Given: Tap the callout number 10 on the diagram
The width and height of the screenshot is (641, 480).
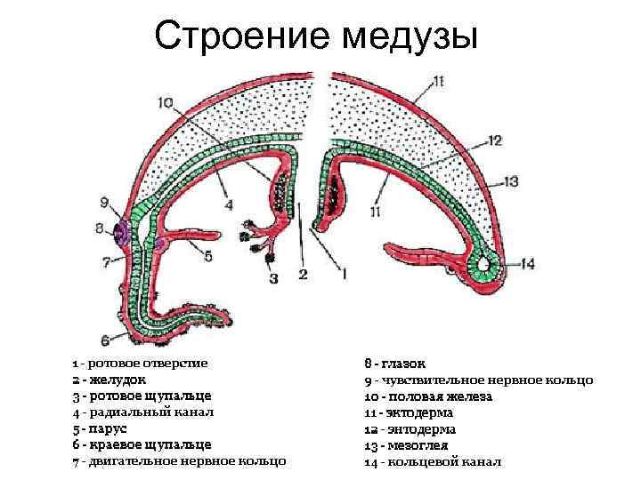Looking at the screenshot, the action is coord(166,103).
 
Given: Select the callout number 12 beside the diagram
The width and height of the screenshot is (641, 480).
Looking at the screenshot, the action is coord(495,140).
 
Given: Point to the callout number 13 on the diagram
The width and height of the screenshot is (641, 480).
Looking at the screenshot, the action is coord(510,180).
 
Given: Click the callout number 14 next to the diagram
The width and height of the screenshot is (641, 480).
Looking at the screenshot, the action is coord(527,263).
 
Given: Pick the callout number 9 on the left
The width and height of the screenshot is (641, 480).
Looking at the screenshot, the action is coord(104,202).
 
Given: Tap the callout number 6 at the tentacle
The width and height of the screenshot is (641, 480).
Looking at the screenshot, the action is coord(105,339).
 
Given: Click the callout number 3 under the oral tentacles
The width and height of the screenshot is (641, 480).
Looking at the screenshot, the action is coord(273,278).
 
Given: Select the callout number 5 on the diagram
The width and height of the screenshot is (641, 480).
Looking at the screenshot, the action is coord(207,257).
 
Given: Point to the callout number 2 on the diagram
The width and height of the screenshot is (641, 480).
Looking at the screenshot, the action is coord(303,275).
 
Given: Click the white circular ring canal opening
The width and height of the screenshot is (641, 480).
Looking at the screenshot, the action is coord(485,264).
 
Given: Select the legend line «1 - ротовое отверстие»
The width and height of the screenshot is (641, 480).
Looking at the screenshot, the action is coord(141,364).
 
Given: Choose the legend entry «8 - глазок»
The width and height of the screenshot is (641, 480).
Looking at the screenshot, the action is coord(395,364).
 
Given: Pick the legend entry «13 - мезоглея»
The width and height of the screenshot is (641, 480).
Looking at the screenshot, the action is coord(407,444).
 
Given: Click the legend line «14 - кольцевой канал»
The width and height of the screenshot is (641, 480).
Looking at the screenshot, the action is coord(434,461).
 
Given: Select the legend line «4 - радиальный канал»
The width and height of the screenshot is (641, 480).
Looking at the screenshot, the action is coord(143,412).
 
